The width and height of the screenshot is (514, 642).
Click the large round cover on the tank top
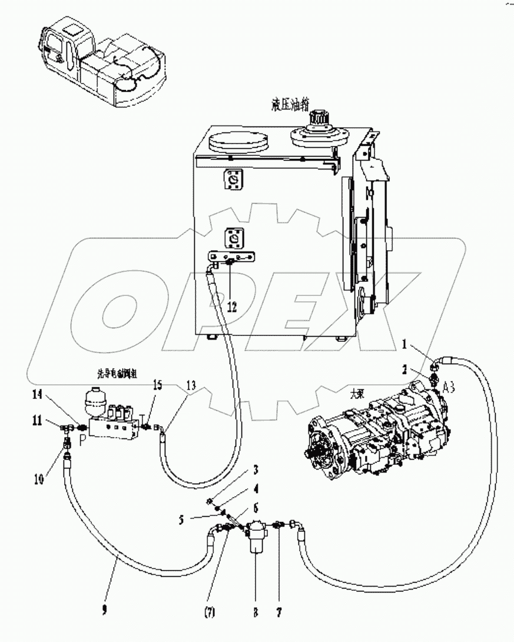(x=238, y=143)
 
